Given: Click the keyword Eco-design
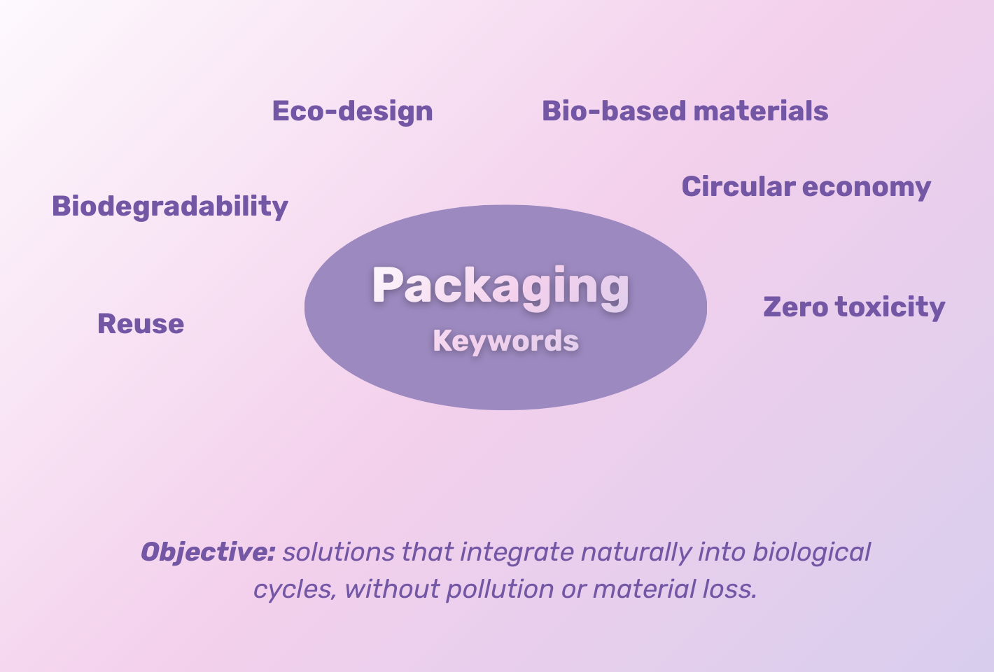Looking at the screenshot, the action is click(x=352, y=111).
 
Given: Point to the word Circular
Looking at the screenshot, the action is click(x=738, y=186).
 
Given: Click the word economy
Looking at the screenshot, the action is click(x=867, y=188).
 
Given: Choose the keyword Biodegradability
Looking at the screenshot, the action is click(x=170, y=206).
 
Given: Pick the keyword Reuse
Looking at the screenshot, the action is click(x=141, y=323).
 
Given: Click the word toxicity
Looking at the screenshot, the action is click(x=890, y=307).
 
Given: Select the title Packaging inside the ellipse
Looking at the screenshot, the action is click(x=500, y=286).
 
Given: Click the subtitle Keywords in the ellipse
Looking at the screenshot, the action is click(x=506, y=342).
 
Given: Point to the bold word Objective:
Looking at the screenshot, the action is click(x=208, y=552).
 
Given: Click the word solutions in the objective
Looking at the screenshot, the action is click(x=339, y=552).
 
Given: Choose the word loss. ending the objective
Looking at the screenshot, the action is click(x=729, y=589).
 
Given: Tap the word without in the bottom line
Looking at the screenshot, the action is click(x=392, y=589).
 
